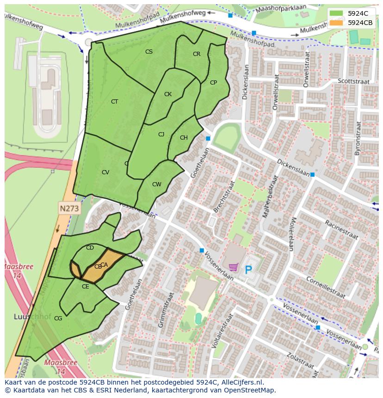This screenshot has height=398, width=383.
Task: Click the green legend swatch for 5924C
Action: pos(337,13)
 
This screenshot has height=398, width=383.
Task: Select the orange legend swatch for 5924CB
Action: pos(337,22)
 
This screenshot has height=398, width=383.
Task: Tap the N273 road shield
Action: pos(69,209)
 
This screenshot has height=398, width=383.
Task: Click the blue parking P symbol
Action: pos(248,269)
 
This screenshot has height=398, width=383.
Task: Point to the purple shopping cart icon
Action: pos(234,267)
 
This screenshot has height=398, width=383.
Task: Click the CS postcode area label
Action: pos(149,52)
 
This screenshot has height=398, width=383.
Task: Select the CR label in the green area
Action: pos(197,54)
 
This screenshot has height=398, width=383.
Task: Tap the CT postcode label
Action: pos(114,102)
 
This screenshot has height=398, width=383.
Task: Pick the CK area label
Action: pos(168,94)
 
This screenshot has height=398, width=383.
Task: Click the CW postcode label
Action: pos(157,184)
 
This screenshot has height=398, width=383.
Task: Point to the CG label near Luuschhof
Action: pos(58,318)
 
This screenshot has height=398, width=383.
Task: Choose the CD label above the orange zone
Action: pos(90,248)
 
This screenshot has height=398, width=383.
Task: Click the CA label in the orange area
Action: pos(105,265)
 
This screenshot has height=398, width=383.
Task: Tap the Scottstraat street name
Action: pos(354,81)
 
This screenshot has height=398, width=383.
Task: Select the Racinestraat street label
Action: pos(341,229)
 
